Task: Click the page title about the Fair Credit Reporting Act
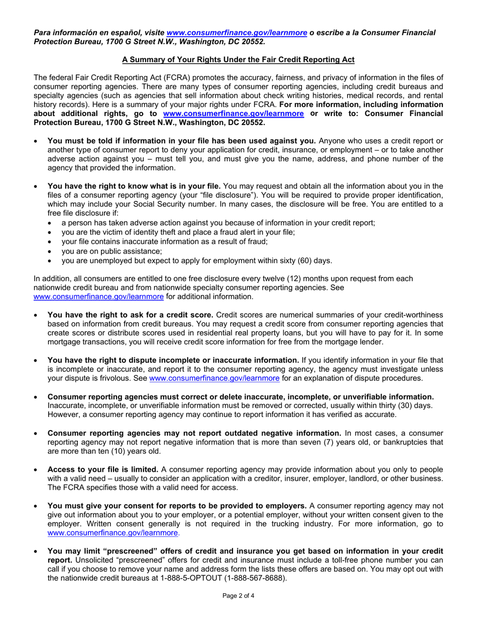[238, 60]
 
